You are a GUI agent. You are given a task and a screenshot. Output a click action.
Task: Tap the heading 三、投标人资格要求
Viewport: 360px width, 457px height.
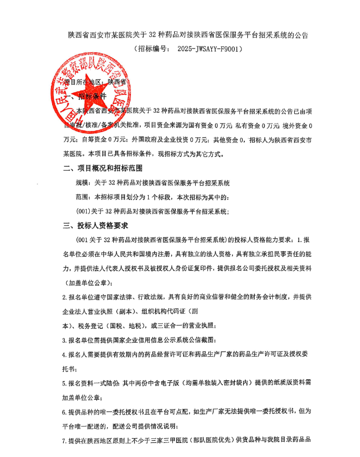pos(95,226)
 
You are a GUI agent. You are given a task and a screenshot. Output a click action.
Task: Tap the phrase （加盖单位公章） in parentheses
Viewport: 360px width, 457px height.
pos(87,282)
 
